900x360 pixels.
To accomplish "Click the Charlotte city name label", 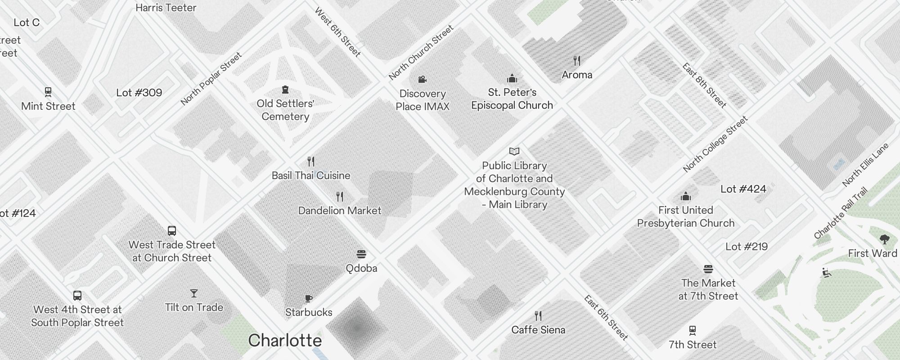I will tap(285, 340).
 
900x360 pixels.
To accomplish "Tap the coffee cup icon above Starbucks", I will tap(308, 298).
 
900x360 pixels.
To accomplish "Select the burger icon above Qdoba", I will tap(361, 254).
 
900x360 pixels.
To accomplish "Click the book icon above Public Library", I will tap(514, 151).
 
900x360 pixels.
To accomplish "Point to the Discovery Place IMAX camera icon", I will tap(422, 80).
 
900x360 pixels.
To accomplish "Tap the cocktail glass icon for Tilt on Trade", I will tap(194, 293).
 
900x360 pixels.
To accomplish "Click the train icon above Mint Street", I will tap(48, 92).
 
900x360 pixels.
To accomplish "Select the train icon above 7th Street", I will tap(693, 331).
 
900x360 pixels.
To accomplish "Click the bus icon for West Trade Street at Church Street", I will tap(172, 231).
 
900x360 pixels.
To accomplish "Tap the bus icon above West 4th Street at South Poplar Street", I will tap(77, 296).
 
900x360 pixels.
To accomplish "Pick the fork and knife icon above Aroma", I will tap(577, 60).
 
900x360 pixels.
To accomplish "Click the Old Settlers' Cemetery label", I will tap(285, 110).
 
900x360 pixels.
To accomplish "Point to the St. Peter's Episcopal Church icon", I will tap(512, 79).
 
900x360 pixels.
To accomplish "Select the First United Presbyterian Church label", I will tap(686, 216).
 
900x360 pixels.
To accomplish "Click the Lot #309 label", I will tap(139, 93).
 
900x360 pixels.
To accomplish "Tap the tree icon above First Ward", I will tap(884, 239).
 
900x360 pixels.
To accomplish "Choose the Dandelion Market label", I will tap(340, 211).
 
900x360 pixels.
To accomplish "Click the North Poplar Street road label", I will tap(211, 79).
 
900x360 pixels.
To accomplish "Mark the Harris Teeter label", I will tap(166, 8).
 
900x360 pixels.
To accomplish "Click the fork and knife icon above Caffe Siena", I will tap(538, 315).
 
